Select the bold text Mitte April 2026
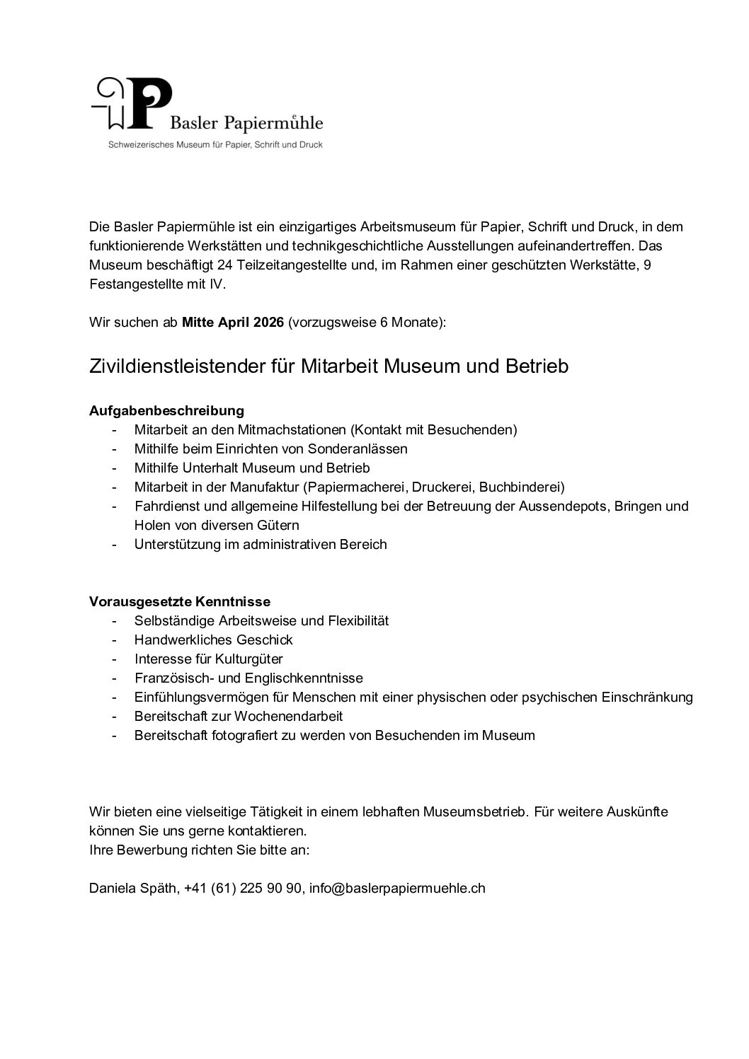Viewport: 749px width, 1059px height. pyautogui.click(x=233, y=323)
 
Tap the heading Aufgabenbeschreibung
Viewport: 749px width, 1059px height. pyautogui.click(x=166, y=410)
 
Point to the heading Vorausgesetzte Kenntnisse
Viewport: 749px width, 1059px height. pyautogui.click(x=180, y=601)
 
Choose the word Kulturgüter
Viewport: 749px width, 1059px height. pyautogui.click(x=248, y=659)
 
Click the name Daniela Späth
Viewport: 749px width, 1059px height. pyautogui.click(x=132, y=889)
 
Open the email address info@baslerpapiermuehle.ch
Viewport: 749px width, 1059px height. pyautogui.click(x=397, y=889)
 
